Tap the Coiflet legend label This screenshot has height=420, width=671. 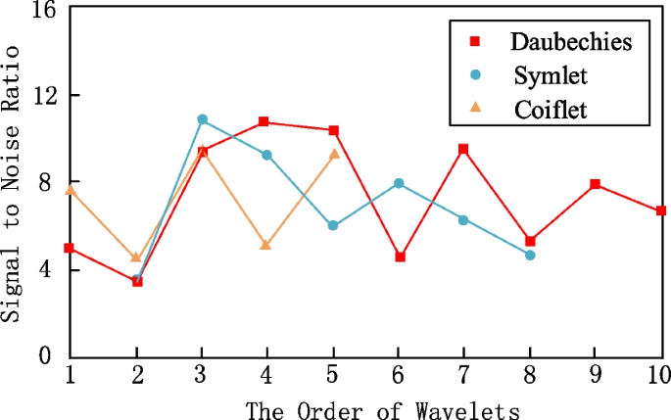[550, 109]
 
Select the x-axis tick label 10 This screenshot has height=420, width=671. [659, 375]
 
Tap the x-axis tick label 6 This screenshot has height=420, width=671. [399, 375]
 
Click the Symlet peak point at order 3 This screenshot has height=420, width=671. [202, 119]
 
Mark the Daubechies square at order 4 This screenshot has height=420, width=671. [267, 122]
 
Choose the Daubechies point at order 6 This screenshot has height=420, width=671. [399, 257]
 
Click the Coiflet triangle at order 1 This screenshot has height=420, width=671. [71, 190]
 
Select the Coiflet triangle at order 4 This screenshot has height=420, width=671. [266, 245]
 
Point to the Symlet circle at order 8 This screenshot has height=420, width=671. [530, 255]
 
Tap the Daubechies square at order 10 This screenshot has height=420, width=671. [661, 210]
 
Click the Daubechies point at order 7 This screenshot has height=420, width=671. [464, 149]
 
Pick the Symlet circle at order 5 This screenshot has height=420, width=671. [333, 225]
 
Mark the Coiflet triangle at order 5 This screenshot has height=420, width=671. [333, 154]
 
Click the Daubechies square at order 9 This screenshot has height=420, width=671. [596, 184]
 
